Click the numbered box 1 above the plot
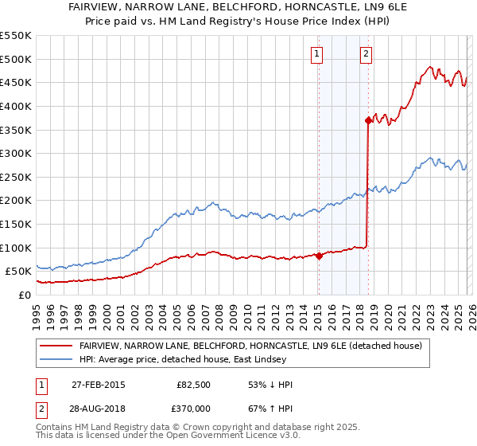click(317, 54)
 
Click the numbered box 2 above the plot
click(366, 54)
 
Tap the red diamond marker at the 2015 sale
click(319, 256)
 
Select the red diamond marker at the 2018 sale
click(368, 120)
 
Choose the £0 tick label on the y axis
click(24, 295)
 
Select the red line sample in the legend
click(56, 346)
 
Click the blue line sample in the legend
click(56, 360)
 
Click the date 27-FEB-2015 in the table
click(98, 385)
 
